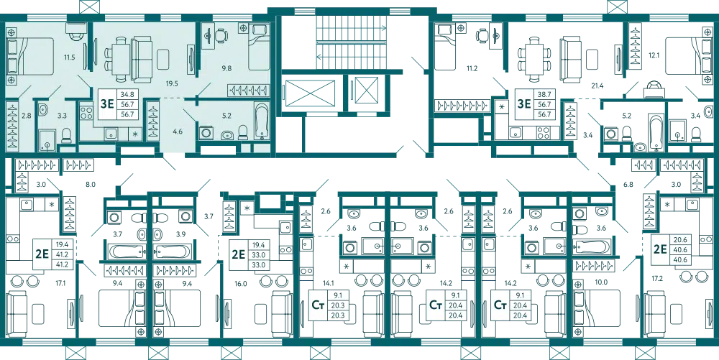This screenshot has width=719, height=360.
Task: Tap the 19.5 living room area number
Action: coord(173,83)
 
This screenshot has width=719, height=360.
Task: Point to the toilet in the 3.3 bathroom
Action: coord(67,134)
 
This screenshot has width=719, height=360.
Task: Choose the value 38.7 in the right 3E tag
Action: coord(544,94)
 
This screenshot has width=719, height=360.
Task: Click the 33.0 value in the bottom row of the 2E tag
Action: coord(257,264)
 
